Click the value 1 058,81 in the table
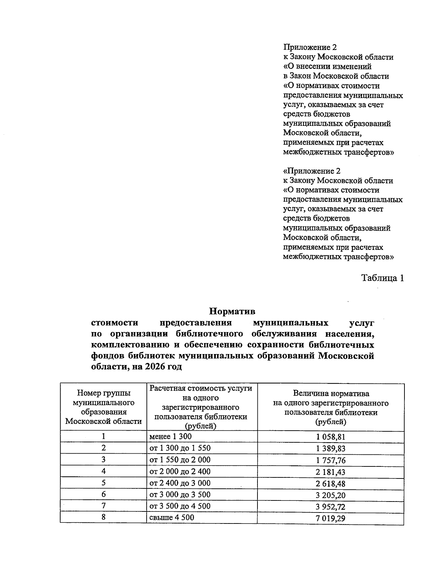point(330,437)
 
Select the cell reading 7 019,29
point(330,519)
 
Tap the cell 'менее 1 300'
point(171,436)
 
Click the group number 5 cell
point(103,483)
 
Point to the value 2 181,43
point(330,472)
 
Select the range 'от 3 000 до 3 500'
point(180,494)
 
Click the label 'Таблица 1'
point(382,278)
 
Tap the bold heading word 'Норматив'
point(232,312)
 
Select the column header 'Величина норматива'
point(331,394)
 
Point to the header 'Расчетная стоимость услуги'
point(201,388)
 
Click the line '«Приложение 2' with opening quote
point(312,171)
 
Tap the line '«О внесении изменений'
point(327,67)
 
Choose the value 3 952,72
point(330,507)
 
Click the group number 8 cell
point(103,517)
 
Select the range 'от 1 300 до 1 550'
point(180,448)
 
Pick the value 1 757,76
point(330,460)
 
